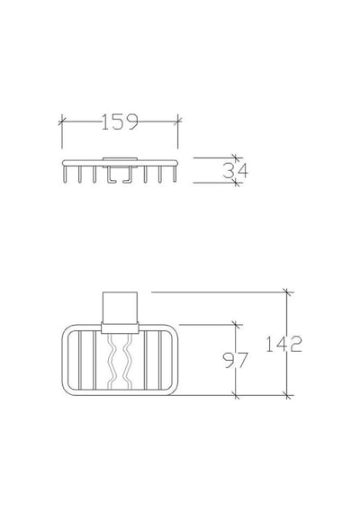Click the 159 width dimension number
pos(120,122)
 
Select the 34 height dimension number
pos(235,170)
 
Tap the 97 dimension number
pos(235,360)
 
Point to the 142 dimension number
pos(283,344)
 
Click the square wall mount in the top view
pos(120,308)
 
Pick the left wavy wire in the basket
pos(112,362)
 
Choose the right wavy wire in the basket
pos(127,362)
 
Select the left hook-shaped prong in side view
pos(111,175)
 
